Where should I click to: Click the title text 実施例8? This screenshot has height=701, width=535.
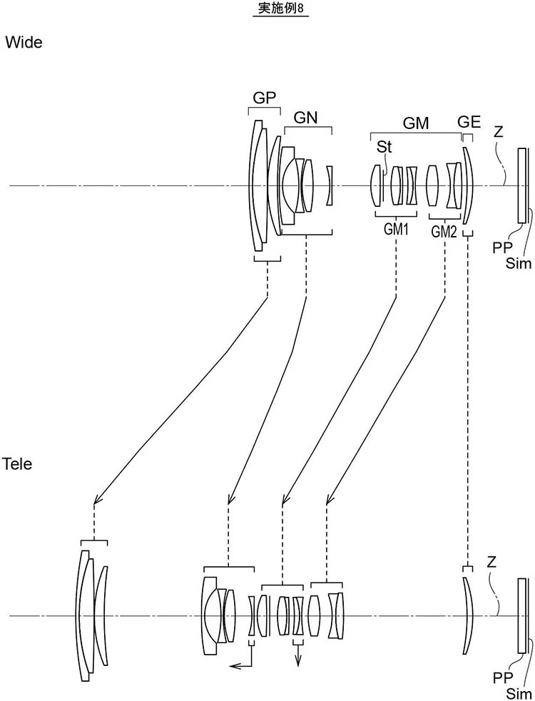pyautogui.click(x=280, y=8)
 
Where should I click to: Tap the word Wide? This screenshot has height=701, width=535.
pyautogui.click(x=24, y=43)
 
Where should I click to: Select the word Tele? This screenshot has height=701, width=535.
pyautogui.click(x=17, y=464)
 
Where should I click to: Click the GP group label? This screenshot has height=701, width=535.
pyautogui.click(x=265, y=98)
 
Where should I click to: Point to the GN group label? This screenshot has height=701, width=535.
pyautogui.click(x=306, y=118)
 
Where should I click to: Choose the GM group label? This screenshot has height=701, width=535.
pyautogui.click(x=416, y=123)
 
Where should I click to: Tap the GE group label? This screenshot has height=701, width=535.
pyautogui.click(x=469, y=122)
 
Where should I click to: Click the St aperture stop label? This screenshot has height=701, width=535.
pyautogui.click(x=384, y=147)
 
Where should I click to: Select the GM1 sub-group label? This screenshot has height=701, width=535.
pyautogui.click(x=397, y=230)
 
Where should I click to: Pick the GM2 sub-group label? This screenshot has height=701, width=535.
pyautogui.click(x=444, y=232)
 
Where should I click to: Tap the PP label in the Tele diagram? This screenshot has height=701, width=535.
pyautogui.click(x=503, y=678)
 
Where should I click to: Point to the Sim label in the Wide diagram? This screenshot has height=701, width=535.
pyautogui.click(x=519, y=263)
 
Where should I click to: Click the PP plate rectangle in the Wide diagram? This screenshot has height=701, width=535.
pyautogui.click(x=521, y=185)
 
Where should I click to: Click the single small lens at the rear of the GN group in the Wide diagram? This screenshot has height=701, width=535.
pyautogui.click(x=330, y=185)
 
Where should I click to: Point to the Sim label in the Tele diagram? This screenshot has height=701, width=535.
pyautogui.click(x=519, y=693)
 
